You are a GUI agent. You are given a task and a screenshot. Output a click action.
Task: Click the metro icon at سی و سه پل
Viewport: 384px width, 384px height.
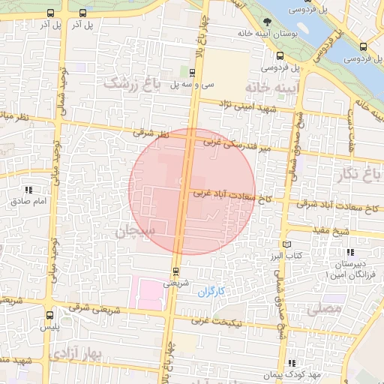(x=192, y=73)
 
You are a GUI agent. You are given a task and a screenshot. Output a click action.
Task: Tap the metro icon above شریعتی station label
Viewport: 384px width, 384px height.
(x=175, y=271)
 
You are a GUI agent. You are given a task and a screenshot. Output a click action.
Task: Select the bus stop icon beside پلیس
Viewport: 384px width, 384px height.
(x=49, y=315)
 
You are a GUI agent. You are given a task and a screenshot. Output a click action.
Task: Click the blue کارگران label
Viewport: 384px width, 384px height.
(x=211, y=291)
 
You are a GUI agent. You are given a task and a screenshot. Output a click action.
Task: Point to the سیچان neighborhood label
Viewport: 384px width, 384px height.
(x=133, y=232)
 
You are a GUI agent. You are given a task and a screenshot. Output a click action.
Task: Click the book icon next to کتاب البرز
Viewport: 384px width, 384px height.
(x=286, y=244)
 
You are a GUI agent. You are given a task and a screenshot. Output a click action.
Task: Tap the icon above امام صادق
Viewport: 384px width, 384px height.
(x=28, y=190)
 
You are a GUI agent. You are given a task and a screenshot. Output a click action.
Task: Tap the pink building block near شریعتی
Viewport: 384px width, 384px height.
(x=147, y=292)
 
